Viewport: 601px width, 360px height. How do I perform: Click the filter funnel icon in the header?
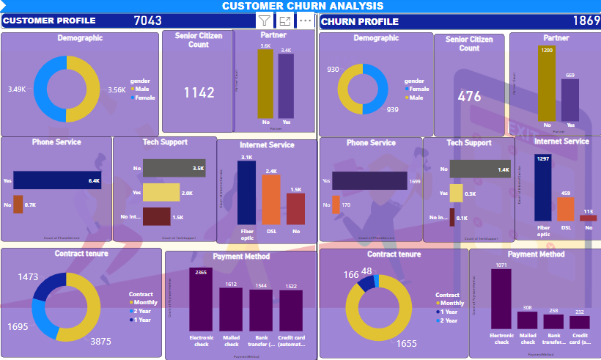click(265, 21)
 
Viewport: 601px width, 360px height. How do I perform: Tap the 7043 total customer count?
click(147, 21)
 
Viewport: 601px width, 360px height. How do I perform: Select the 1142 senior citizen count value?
click(199, 93)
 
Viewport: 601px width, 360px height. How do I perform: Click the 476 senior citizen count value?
click(470, 96)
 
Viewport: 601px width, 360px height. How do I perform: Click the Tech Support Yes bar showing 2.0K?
click(161, 193)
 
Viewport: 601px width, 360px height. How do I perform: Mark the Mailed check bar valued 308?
click(528, 320)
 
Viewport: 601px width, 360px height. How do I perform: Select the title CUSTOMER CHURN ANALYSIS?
click(303, 6)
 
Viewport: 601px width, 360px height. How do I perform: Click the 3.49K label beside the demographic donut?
click(17, 89)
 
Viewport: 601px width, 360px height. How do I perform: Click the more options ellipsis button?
click(306, 21)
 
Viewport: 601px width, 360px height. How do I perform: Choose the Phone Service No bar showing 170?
click(336, 205)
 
